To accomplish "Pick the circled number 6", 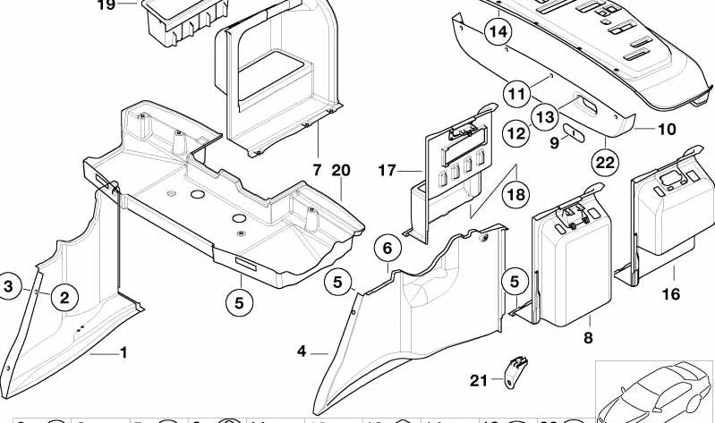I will (x=387, y=248).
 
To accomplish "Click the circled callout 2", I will (x=64, y=297).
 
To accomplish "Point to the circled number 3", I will (x=9, y=286).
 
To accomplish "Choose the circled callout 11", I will (x=515, y=92).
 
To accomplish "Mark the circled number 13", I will (x=543, y=116).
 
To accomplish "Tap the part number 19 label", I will (x=106, y=4).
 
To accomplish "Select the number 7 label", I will (x=316, y=170).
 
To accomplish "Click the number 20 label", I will (x=340, y=170).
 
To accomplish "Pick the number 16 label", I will (x=670, y=294).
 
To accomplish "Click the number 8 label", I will (x=588, y=337).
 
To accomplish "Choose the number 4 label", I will (x=302, y=352).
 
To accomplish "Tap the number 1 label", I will (x=123, y=353).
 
